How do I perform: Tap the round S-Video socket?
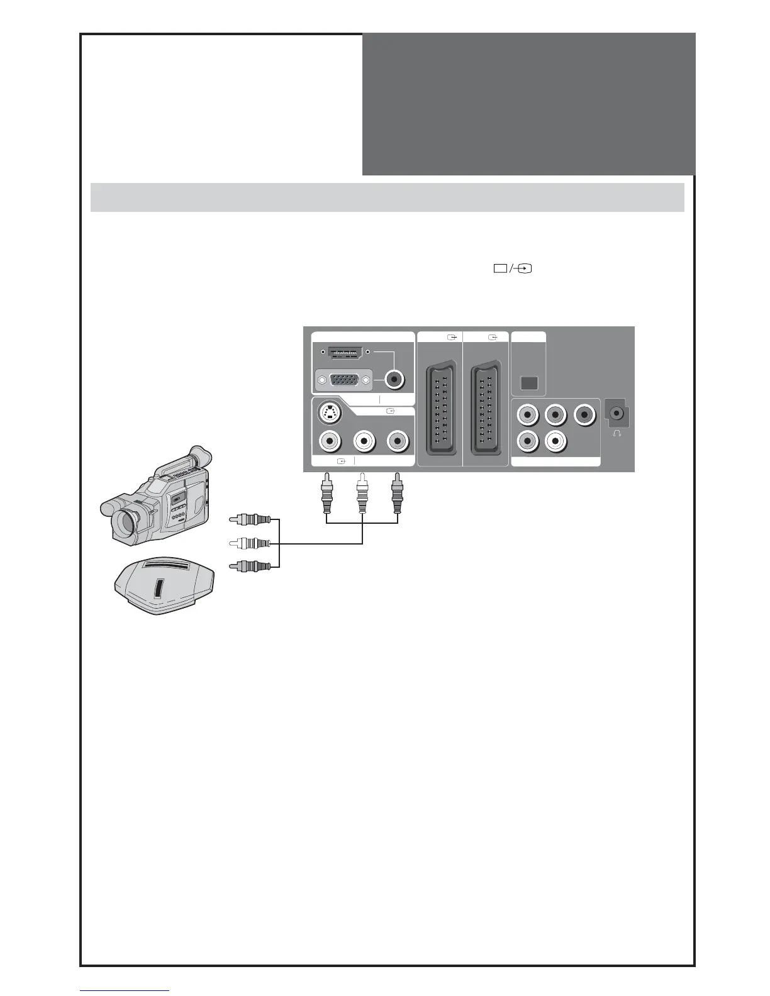[x=328, y=413]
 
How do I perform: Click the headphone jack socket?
[x=617, y=413]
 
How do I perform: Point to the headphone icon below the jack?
[x=617, y=434]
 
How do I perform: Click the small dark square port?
[x=529, y=382]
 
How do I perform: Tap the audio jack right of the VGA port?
[x=394, y=379]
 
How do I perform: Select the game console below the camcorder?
[x=164, y=584]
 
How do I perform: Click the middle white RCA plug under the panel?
[x=362, y=494]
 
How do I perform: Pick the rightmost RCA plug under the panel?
[x=397, y=494]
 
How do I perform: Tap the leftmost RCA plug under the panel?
[x=326, y=494]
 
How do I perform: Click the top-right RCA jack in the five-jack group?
[x=586, y=414]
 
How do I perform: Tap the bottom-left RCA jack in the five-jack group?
[x=526, y=440]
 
